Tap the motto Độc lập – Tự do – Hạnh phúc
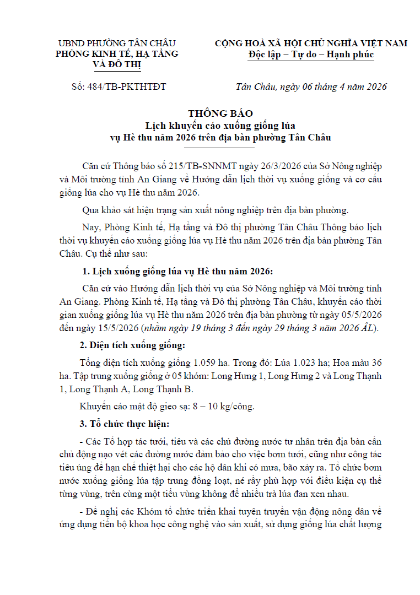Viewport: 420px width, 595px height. coord(311,54)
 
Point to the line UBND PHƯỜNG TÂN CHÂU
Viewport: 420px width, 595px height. coord(117,43)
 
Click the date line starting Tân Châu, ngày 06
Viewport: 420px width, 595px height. coord(310,86)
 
